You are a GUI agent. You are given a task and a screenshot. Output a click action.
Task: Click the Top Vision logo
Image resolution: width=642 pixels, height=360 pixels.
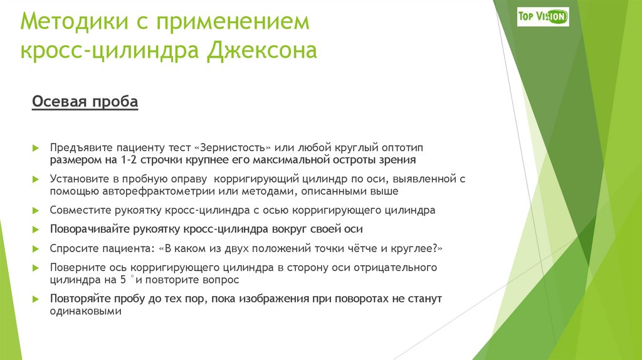coord(543,16)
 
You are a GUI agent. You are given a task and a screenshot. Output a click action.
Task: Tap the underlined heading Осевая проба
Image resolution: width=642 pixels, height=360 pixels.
coord(85,102)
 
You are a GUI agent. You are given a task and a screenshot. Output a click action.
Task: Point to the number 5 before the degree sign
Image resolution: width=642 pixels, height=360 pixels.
coord(124,280)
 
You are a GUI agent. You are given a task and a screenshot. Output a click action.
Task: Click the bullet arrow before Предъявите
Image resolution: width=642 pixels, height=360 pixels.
coord(36,147)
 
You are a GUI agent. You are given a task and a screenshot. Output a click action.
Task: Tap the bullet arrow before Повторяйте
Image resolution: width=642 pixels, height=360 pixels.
coord(36,299)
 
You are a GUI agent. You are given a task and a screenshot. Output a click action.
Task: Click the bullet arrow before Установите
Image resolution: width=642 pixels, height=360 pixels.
coord(36,179)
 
